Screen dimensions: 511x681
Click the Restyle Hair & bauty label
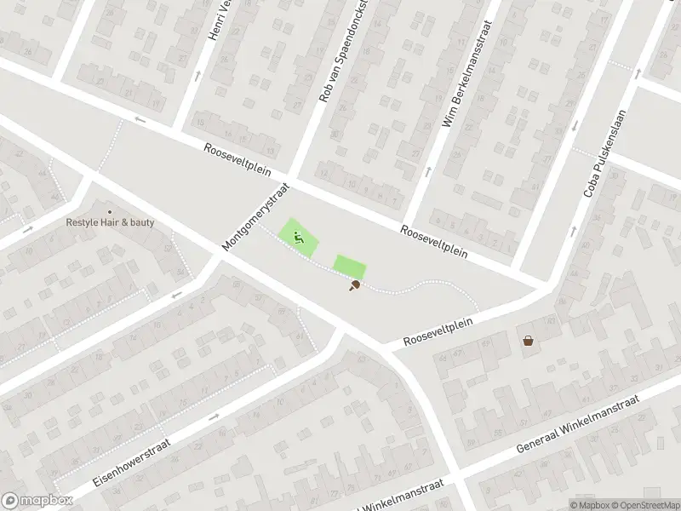(x=111, y=223)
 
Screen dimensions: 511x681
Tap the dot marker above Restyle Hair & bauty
(x=109, y=211)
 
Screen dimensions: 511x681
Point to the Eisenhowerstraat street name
(x=131, y=462)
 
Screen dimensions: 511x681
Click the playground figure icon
(x=298, y=237)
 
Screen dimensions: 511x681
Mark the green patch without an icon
(x=348, y=266)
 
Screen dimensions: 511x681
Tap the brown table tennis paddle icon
(x=353, y=286)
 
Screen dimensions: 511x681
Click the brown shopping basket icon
(x=529, y=341)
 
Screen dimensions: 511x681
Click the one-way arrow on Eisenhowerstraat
(x=213, y=417)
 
